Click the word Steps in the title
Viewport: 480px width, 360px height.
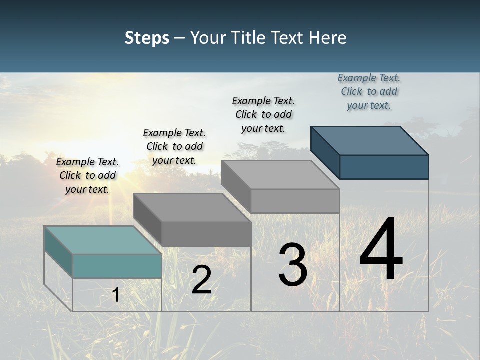[x=147, y=38]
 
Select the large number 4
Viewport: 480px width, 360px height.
[x=381, y=250]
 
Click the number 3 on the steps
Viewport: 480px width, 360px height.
[x=293, y=265]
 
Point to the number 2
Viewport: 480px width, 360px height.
[x=201, y=280]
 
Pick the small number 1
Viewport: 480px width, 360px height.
[x=115, y=295]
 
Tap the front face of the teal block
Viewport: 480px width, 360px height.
[x=117, y=266]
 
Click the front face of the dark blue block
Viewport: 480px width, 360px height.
[x=384, y=167]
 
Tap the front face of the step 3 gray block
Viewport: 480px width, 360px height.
[x=295, y=201]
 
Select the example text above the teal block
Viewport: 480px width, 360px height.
[x=87, y=175]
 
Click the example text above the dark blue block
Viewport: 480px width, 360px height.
[x=369, y=91]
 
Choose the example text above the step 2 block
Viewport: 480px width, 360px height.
[x=174, y=146]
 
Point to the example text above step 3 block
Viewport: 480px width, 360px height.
[x=263, y=114]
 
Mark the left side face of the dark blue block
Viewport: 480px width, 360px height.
[x=325, y=152]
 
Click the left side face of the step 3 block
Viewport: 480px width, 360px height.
[x=236, y=186]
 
